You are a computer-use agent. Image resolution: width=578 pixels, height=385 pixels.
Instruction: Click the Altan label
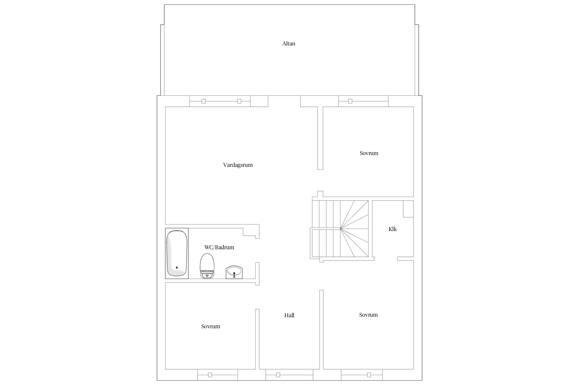[x=289, y=44]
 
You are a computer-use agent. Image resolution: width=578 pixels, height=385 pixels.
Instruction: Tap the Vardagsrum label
[x=238, y=165]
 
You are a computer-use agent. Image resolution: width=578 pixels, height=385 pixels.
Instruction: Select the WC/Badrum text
[x=219, y=247]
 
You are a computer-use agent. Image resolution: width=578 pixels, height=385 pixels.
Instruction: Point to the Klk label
[x=393, y=229]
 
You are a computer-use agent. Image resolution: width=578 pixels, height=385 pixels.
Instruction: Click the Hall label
[x=289, y=315]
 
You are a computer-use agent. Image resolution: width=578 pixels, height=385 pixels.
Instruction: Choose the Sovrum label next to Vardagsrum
[x=369, y=153]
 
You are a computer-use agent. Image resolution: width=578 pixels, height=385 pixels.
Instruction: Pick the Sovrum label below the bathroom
[x=211, y=326]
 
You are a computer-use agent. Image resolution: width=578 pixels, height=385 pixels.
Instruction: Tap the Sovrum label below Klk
[x=368, y=315]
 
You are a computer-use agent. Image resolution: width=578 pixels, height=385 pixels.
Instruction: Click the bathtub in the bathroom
[x=177, y=253]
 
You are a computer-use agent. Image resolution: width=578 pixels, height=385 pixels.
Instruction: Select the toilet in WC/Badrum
[x=207, y=266]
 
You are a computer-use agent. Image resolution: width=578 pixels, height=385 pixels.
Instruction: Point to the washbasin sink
[x=234, y=272]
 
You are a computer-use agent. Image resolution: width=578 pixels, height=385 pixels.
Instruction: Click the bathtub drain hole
[x=177, y=267]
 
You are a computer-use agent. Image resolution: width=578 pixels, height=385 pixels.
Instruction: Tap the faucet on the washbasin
[x=234, y=275]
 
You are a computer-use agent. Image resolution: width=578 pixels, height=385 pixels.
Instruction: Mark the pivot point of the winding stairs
[x=341, y=228]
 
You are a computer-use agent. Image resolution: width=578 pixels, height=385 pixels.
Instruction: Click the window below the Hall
[x=289, y=375]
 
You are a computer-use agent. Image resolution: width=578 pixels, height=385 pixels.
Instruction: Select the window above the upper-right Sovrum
[x=363, y=101]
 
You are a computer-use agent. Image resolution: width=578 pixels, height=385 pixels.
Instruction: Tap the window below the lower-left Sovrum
[x=218, y=375]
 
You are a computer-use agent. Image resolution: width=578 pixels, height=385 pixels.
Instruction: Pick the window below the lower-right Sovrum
[x=362, y=375]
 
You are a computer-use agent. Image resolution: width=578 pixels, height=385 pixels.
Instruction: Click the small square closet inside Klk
[x=408, y=209]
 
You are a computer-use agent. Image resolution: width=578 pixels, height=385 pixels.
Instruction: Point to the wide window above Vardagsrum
[x=220, y=101]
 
